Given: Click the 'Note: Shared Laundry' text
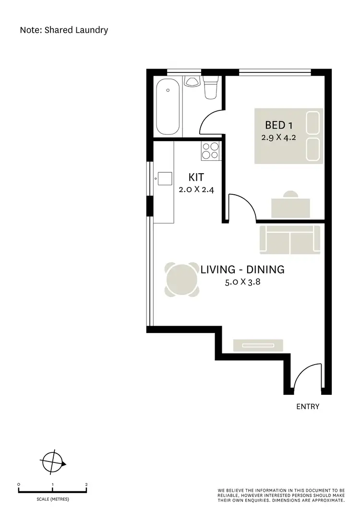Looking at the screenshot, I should [64, 30].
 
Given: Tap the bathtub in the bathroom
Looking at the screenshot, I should [169, 107].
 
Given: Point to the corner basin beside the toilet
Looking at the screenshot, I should [193, 82].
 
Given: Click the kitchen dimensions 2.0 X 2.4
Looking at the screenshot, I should [196, 189].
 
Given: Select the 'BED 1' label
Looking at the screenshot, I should [279, 125].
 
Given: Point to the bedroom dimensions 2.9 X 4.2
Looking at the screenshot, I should [279, 137].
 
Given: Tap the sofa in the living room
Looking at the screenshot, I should [289, 240].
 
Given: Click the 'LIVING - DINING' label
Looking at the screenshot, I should [242, 270].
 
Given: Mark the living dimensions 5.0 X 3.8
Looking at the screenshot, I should [242, 283].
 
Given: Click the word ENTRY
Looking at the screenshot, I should [308, 407].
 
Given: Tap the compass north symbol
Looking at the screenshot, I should [52, 462].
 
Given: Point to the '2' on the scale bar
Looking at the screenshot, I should [86, 485].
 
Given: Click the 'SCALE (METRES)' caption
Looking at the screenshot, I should [53, 499].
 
